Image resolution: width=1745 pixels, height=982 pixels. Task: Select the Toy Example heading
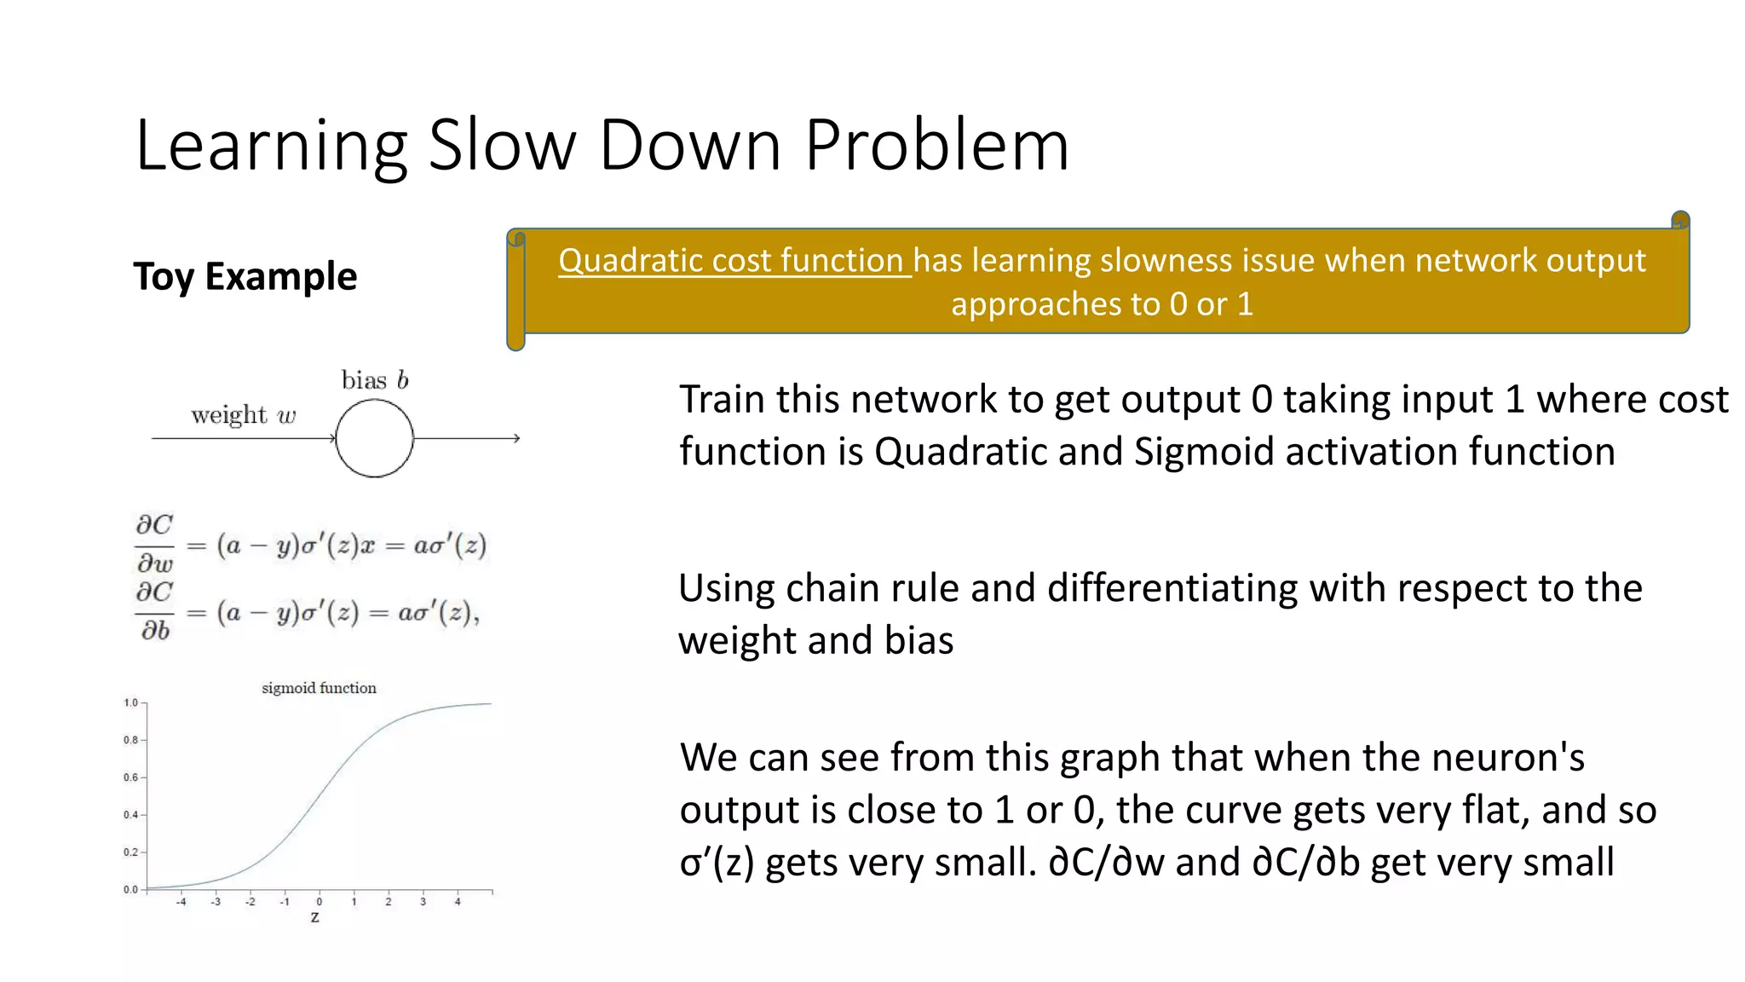point(245,277)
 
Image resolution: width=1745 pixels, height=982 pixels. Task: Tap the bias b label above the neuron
point(375,380)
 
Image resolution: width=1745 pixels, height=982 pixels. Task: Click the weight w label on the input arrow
point(244,415)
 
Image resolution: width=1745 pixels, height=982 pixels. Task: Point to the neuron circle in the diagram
point(375,438)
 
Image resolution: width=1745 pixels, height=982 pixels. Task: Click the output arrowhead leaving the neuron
point(516,438)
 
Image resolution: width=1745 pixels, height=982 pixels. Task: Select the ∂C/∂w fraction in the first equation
point(155,544)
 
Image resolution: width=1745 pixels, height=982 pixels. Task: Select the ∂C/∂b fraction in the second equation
point(155,611)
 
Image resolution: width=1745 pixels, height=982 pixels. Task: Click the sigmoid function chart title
point(319,688)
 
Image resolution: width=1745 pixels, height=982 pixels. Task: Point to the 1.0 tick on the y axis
point(131,703)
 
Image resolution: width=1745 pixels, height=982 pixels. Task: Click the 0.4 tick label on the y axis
point(131,815)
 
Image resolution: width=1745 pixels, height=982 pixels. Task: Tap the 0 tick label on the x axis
point(320,902)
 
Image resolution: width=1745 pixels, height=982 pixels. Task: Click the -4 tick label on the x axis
point(181,902)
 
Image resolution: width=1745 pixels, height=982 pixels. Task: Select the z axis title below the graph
point(315,918)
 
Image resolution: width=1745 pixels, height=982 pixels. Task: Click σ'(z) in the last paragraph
point(717,863)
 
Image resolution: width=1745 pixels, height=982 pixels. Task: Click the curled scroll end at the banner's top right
point(1680,221)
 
